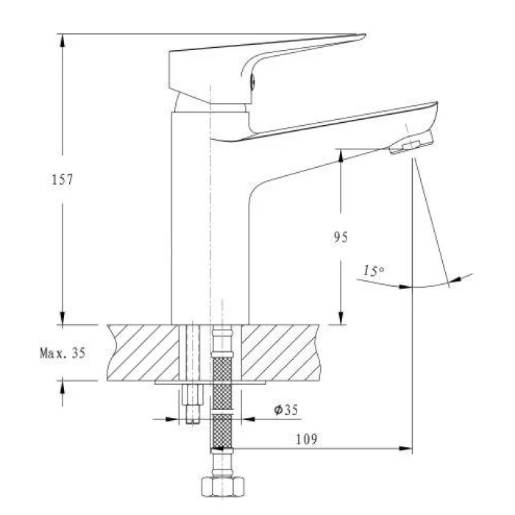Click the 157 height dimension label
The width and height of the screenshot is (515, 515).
coord(62,180)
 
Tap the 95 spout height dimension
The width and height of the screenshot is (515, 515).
coord(341,237)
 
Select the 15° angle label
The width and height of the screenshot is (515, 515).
coord(374,270)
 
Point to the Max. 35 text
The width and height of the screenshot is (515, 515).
coord(63,352)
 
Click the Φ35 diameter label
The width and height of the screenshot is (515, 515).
coord(286,410)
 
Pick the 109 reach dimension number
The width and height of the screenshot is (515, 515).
coord(307,439)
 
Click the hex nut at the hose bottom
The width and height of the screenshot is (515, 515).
coord(223,486)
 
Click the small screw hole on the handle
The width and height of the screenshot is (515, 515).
coord(252,81)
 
